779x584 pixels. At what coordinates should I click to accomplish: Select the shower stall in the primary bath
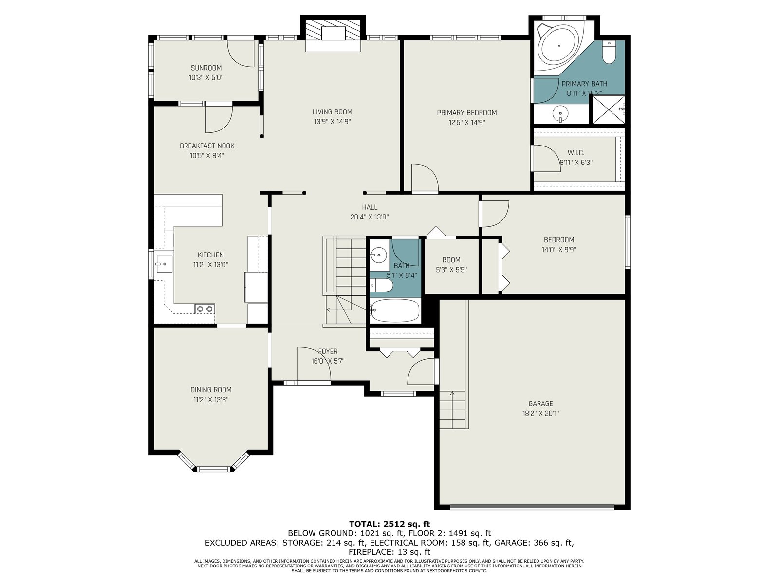[x=608, y=109]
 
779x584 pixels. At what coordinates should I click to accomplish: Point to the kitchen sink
[x=164, y=264]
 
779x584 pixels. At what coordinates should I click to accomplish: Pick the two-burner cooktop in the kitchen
[x=205, y=309]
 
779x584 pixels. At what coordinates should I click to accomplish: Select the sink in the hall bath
[x=378, y=255]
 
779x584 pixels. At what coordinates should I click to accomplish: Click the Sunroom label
[x=206, y=68]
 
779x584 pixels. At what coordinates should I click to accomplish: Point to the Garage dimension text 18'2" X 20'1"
[x=540, y=413]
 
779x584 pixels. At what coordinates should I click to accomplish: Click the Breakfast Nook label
[x=207, y=146]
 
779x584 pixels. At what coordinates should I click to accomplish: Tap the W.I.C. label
[x=576, y=153]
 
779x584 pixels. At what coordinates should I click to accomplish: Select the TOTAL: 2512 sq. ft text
[x=389, y=524]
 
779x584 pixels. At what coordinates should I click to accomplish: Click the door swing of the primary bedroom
[x=425, y=178]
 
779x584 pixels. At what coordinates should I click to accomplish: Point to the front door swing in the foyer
[x=314, y=365]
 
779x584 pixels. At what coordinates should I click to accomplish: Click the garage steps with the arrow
[x=452, y=409]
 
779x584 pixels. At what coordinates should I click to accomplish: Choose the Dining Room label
[x=211, y=390]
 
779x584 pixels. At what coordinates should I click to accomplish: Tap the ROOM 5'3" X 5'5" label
[x=451, y=265]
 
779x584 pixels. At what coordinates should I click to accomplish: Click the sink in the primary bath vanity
[x=560, y=113]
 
